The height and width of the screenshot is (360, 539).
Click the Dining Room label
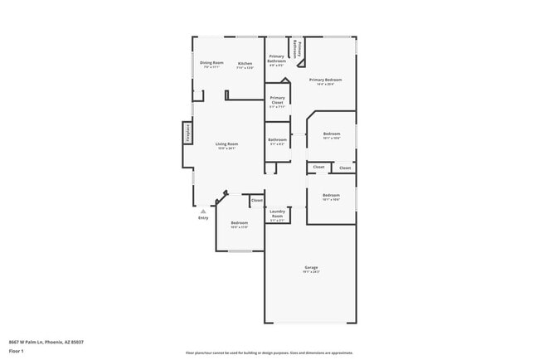tap(211, 63)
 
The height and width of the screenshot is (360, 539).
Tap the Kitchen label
tap(245, 64)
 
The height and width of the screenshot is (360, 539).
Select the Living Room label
tap(227, 144)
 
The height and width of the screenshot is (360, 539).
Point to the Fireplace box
tap(187, 134)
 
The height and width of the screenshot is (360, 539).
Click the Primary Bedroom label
tap(326, 80)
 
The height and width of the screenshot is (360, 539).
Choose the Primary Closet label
tap(277, 100)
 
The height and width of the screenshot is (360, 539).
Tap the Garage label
tap(310, 266)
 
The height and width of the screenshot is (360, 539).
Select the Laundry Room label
tap(277, 214)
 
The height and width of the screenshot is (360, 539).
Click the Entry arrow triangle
tap(202, 212)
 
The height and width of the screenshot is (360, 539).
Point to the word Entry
tap(203, 218)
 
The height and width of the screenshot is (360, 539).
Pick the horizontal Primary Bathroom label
tap(277, 59)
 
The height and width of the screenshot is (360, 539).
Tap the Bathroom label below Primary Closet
tap(277, 139)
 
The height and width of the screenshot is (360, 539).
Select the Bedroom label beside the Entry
tap(240, 222)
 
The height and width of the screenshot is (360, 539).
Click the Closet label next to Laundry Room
tap(257, 200)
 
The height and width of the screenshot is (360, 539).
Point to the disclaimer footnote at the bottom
tap(269, 352)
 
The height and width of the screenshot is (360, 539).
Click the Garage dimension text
tap(310, 271)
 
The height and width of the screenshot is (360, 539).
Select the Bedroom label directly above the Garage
tap(331, 195)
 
